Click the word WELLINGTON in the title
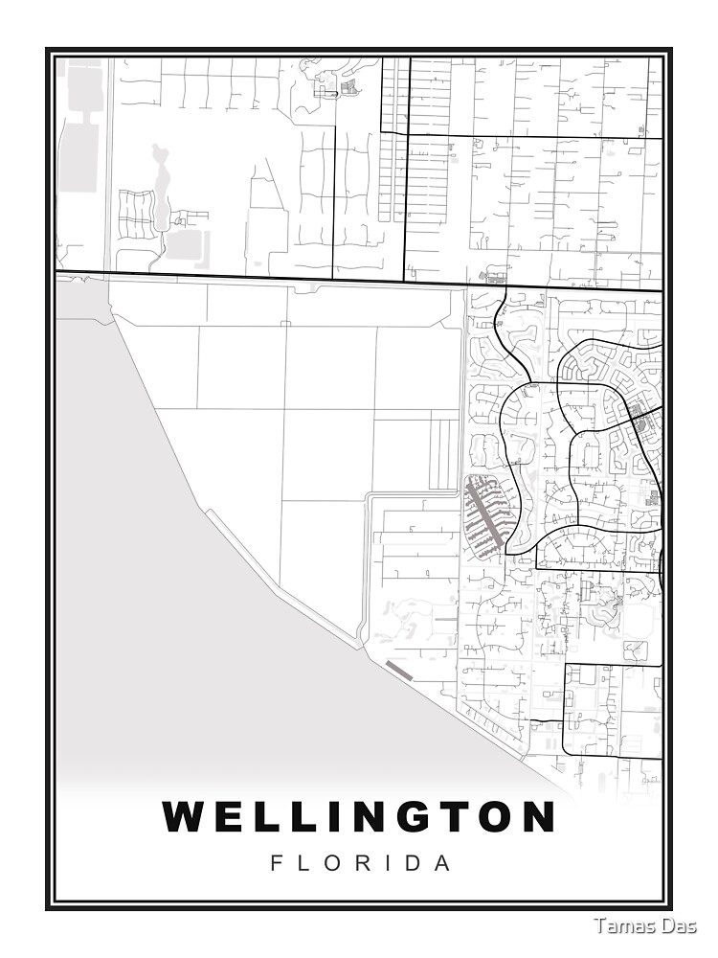coord(359,817)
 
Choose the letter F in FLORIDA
coord(277,863)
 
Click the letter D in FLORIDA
coord(415,863)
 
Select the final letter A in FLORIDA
coord(442,863)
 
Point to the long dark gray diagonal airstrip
coord(484,514)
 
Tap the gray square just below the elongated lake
coord(183,244)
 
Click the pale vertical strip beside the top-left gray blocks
coord(108,163)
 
